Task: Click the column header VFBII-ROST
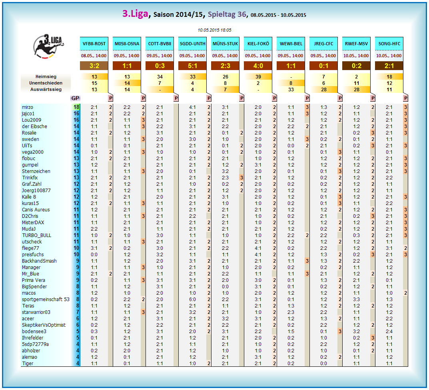pos(94,44)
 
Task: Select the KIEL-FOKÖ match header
pos(258,44)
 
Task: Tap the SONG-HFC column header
pos(389,44)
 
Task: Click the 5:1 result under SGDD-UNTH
pos(192,66)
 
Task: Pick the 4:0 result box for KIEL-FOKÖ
pos(258,66)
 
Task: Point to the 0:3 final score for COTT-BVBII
pos(160,66)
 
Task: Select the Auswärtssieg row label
pos(46,89)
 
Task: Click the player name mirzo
pos(28,107)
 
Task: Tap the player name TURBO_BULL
pos(37,235)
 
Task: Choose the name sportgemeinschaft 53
pos(46,300)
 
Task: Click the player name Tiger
pos(28,364)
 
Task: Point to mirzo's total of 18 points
pos(76,107)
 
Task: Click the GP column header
pos(75,98)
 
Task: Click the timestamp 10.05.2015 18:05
pos(214,30)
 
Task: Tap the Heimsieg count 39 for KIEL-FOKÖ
pos(258,76)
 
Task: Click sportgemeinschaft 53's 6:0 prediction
pos(192,300)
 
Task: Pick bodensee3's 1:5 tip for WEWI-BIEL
pos(291,332)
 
